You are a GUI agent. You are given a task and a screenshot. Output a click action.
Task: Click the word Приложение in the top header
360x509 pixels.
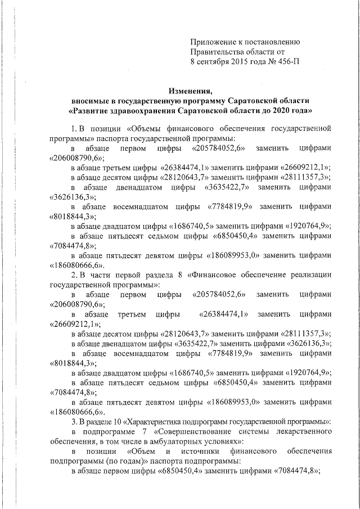click(x=213, y=42)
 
